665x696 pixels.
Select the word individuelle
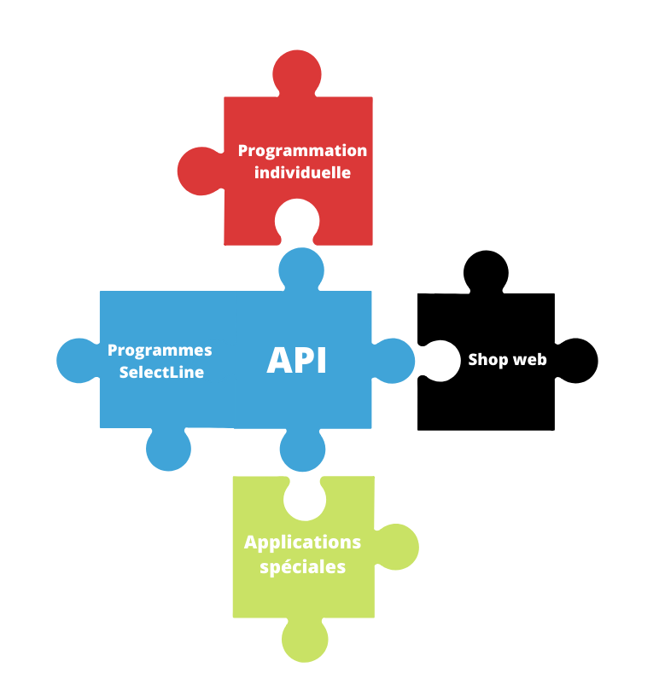coord(302,172)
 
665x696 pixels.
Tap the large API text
coord(297,360)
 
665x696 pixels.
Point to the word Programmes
coord(160,351)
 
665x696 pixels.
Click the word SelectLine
coord(161,372)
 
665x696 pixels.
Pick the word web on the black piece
coord(530,360)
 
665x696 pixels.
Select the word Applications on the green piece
coord(302,543)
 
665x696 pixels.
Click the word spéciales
coord(302,567)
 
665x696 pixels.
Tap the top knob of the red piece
coord(297,73)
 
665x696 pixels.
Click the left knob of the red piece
coord(201,171)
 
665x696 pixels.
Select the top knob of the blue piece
coord(301,270)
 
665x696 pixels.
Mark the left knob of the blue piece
coord(79,361)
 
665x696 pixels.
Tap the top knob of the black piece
coord(486,272)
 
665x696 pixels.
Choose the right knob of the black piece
coord(576,361)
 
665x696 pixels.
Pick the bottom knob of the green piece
coord(305,640)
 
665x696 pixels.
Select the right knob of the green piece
coord(396,547)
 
